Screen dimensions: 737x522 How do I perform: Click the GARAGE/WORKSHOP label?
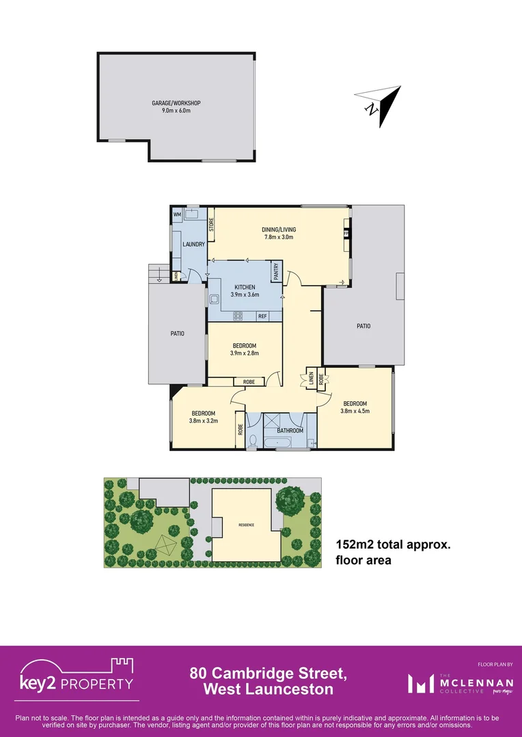click(x=176, y=103)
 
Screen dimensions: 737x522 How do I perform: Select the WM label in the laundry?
click(x=177, y=215)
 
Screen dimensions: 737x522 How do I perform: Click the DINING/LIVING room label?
click(x=279, y=229)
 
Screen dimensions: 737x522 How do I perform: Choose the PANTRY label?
click(x=276, y=272)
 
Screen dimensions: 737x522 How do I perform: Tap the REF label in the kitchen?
click(x=262, y=316)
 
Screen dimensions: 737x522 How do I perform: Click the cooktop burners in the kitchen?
click(x=239, y=316)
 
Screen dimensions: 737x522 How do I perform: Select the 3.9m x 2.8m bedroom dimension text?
click(x=245, y=353)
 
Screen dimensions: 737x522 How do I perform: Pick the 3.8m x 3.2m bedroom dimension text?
click(x=203, y=421)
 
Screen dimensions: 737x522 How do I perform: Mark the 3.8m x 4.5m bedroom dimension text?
click(x=355, y=411)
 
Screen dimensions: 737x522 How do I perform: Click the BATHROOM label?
click(x=290, y=431)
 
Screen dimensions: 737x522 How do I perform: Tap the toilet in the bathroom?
click(x=252, y=441)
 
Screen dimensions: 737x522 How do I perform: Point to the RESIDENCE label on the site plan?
click(x=246, y=525)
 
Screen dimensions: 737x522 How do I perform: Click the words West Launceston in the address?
click(x=269, y=689)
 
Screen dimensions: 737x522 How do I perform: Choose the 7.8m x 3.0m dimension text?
click(x=279, y=237)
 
